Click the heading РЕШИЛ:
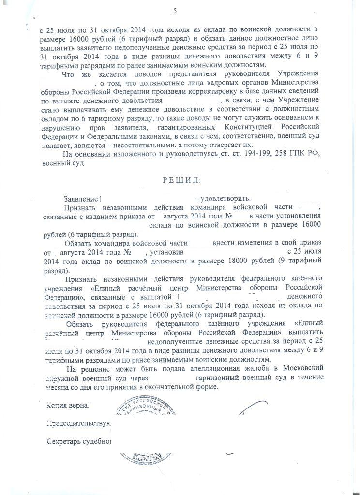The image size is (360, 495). pos(180,181)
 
